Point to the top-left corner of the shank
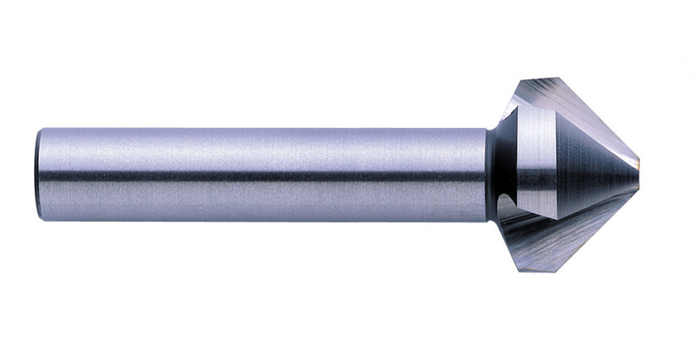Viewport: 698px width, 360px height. click(x=40, y=129)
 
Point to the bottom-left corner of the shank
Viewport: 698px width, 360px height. click(x=40, y=220)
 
